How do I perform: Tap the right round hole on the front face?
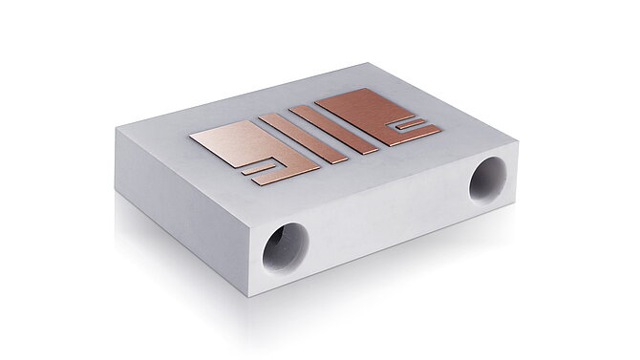click(487, 180)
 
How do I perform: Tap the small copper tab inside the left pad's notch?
click(259, 169)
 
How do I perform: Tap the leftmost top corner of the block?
click(117, 132)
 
